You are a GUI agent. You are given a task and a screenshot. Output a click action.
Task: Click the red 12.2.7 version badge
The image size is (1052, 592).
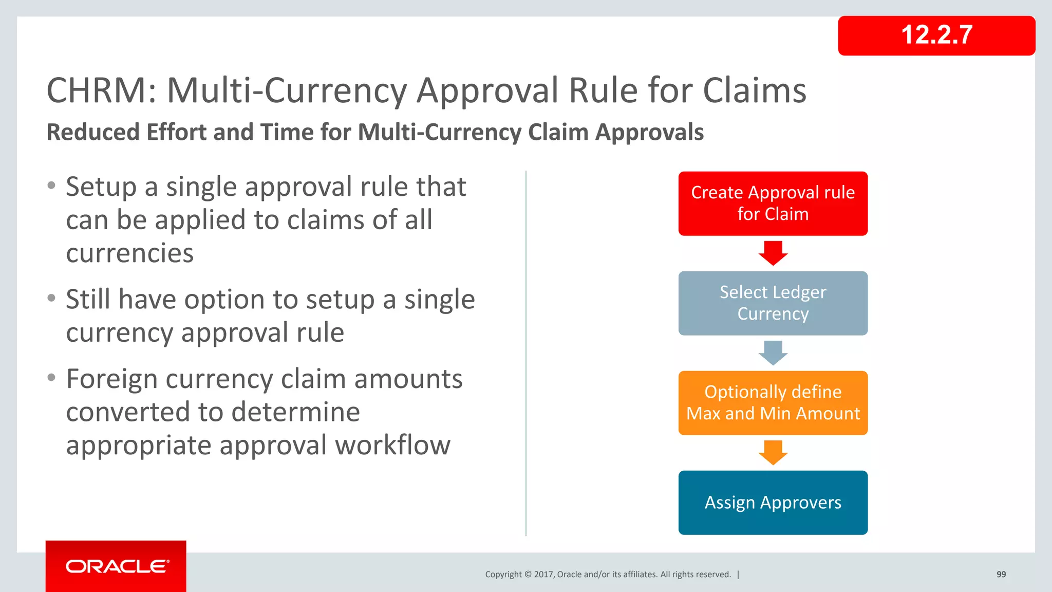(936, 35)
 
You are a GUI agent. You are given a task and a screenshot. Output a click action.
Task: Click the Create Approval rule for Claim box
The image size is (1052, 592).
(773, 203)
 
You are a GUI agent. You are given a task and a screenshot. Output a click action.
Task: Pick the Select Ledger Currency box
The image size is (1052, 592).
(773, 303)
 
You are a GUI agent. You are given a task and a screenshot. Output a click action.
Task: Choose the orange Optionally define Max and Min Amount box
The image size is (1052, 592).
(773, 403)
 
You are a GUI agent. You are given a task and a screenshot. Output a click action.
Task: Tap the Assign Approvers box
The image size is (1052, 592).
(773, 503)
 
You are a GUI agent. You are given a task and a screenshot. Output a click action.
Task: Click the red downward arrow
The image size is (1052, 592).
(773, 253)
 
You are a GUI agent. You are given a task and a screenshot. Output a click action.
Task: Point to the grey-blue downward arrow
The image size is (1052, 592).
(773, 353)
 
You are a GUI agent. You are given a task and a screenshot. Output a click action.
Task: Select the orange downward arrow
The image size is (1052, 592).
(773, 452)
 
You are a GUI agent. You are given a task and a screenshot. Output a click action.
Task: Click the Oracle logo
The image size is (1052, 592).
(116, 566)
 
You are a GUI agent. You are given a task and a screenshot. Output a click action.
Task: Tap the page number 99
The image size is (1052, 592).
(1001, 575)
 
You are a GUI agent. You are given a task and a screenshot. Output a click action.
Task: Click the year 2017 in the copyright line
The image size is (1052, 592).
(543, 575)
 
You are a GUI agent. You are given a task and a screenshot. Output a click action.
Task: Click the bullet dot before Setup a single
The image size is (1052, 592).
(51, 186)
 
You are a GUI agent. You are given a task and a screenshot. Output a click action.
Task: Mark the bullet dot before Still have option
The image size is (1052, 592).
(51, 298)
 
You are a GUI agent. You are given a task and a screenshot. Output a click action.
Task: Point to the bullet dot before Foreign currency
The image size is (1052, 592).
(51, 378)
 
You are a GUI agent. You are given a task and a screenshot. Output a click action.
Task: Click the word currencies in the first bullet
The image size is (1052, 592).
(130, 253)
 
